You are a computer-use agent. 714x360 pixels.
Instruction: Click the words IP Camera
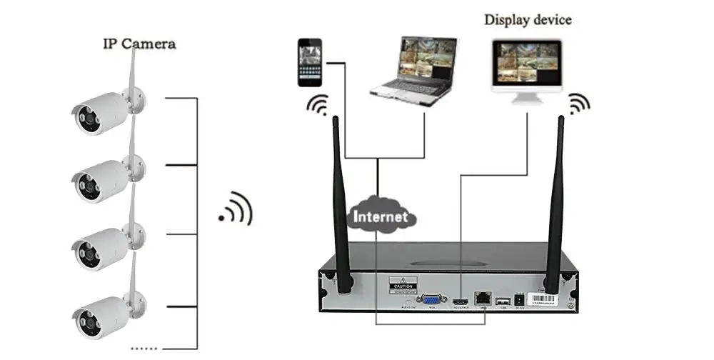click(x=140, y=44)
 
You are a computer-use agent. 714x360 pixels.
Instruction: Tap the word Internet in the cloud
click(x=381, y=216)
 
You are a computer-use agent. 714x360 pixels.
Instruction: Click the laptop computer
click(x=414, y=71)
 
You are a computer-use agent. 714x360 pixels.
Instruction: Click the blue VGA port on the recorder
click(x=432, y=301)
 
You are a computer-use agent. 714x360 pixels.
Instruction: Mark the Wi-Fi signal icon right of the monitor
click(x=578, y=106)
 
